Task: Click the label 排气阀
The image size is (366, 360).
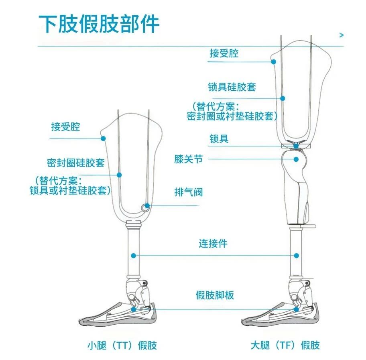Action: point(188,192)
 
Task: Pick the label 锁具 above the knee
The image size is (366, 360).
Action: point(219,139)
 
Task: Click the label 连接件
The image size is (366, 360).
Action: point(213,244)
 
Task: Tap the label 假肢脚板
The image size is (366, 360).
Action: point(215,296)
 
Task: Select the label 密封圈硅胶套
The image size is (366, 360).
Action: point(76,163)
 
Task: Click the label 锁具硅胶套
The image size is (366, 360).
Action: point(232,87)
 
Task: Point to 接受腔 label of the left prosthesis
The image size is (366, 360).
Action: point(65,127)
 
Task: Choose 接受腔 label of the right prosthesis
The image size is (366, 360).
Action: point(224,53)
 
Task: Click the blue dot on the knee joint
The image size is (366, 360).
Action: point(296,159)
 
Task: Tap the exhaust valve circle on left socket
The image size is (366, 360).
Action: point(146,206)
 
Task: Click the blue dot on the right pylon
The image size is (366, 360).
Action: point(297,255)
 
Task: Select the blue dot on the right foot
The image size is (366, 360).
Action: point(296,309)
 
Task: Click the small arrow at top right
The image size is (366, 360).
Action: point(342,35)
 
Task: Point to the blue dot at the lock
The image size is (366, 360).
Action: point(296,146)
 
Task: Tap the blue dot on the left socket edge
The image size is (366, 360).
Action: point(103,138)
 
